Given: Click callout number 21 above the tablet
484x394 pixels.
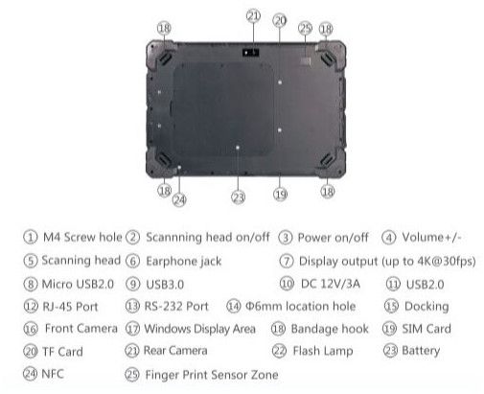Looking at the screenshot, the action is (x=253, y=15).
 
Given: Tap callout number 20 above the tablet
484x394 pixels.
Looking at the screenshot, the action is (x=279, y=20).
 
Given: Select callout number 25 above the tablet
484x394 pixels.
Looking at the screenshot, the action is (x=305, y=28).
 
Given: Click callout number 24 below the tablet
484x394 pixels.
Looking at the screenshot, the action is (x=179, y=200).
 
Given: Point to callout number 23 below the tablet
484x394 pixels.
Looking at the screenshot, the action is (x=239, y=197).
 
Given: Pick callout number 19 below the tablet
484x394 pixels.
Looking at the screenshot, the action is (x=280, y=195).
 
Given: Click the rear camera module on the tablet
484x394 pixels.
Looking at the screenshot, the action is (x=250, y=52).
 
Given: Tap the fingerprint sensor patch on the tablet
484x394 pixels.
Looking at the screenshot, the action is (x=306, y=59).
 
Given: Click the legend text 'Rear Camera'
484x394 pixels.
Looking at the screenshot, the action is (x=175, y=351).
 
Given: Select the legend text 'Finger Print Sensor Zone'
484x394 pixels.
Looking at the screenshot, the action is (x=212, y=375).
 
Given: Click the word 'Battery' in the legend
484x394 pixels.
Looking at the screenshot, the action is (x=421, y=351).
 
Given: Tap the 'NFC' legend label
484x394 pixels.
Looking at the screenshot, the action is (x=53, y=374).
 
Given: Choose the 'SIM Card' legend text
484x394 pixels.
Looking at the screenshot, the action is (x=426, y=329).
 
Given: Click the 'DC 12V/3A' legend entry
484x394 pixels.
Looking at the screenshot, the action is (x=331, y=284).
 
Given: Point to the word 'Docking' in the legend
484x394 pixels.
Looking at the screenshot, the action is (x=426, y=307).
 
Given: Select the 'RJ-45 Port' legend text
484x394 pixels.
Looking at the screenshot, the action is (x=70, y=307).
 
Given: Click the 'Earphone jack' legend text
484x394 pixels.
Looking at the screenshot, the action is (x=184, y=261).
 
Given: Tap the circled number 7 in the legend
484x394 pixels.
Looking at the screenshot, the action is (x=287, y=261).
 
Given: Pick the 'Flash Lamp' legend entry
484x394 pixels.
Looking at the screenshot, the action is (x=323, y=351).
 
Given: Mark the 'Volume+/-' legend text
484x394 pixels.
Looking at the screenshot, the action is (x=431, y=238).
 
